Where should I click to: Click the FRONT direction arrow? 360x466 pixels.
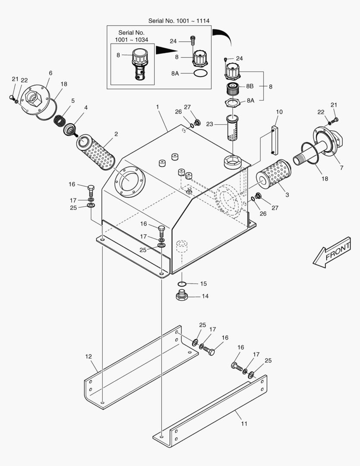[332, 252]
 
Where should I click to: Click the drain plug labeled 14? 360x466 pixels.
[182, 295]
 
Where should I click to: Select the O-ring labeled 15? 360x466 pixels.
[182, 283]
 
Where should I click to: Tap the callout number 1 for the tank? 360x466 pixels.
[157, 107]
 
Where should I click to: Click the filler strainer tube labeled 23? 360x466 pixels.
[232, 128]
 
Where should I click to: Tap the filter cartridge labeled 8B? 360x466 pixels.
[233, 89]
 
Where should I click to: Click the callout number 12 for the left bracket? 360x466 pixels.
[88, 356]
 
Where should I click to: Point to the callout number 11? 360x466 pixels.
[244, 424]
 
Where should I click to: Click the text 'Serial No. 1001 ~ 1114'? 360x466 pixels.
[179, 21]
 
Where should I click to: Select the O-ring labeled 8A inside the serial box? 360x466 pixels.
[201, 73]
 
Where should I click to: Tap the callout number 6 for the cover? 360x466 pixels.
[50, 73]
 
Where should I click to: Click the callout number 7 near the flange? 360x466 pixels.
[341, 167]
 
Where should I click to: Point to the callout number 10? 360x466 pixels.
[279, 112]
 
